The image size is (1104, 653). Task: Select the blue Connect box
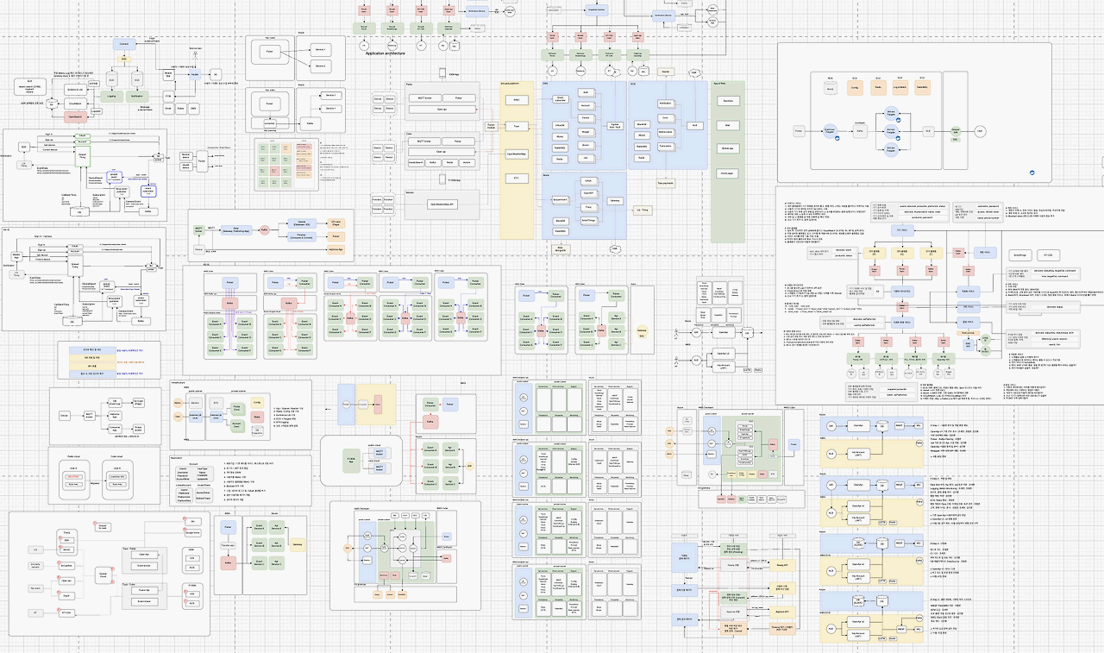pos(124,43)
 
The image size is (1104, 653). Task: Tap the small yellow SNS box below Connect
pos(124,59)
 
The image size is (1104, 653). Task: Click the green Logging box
pos(110,96)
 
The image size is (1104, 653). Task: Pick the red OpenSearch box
pos(76,116)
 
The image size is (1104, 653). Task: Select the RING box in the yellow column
pos(516,100)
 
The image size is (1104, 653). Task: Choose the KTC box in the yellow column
pos(516,178)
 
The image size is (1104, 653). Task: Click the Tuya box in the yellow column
pos(516,126)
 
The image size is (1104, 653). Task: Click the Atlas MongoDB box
pos(561,249)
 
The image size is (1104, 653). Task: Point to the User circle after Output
pos(980,131)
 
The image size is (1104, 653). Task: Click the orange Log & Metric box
pos(900,88)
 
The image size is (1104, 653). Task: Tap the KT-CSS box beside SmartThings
pos(1048,255)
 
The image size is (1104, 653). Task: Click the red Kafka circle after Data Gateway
pos(265,229)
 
